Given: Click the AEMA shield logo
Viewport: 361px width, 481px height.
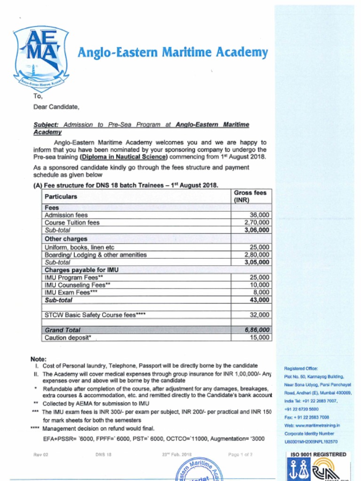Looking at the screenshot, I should click(41, 58).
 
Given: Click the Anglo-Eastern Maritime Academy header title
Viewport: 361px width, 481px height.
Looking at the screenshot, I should click(173, 52).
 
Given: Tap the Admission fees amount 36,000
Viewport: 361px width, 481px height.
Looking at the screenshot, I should click(260, 215).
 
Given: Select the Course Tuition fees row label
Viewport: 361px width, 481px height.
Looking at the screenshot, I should click(72, 223).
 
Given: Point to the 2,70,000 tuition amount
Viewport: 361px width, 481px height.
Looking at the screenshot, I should click(257, 223).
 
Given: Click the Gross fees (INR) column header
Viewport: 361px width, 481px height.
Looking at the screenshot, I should click(250, 196).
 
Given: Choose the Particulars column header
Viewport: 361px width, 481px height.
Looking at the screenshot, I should click(61, 196).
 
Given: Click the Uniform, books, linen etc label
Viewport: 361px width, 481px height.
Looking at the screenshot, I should click(79, 247).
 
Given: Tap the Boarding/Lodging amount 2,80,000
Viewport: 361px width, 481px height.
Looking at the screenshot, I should click(257, 255).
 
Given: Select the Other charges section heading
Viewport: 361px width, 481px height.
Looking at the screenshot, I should click(66, 239).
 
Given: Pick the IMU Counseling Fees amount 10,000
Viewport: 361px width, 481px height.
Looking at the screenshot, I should click(260, 285).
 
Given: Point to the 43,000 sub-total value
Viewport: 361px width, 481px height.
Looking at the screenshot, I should click(260, 300).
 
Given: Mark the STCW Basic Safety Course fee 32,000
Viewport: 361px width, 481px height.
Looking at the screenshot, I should click(260, 315).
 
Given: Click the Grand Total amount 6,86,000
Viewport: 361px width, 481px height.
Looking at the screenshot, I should click(257, 330).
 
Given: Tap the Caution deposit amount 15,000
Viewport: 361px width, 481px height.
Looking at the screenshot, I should click(260, 337).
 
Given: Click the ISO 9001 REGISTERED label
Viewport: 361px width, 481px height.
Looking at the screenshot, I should click(318, 454).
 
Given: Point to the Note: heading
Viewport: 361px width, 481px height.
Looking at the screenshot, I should click(38, 359).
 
